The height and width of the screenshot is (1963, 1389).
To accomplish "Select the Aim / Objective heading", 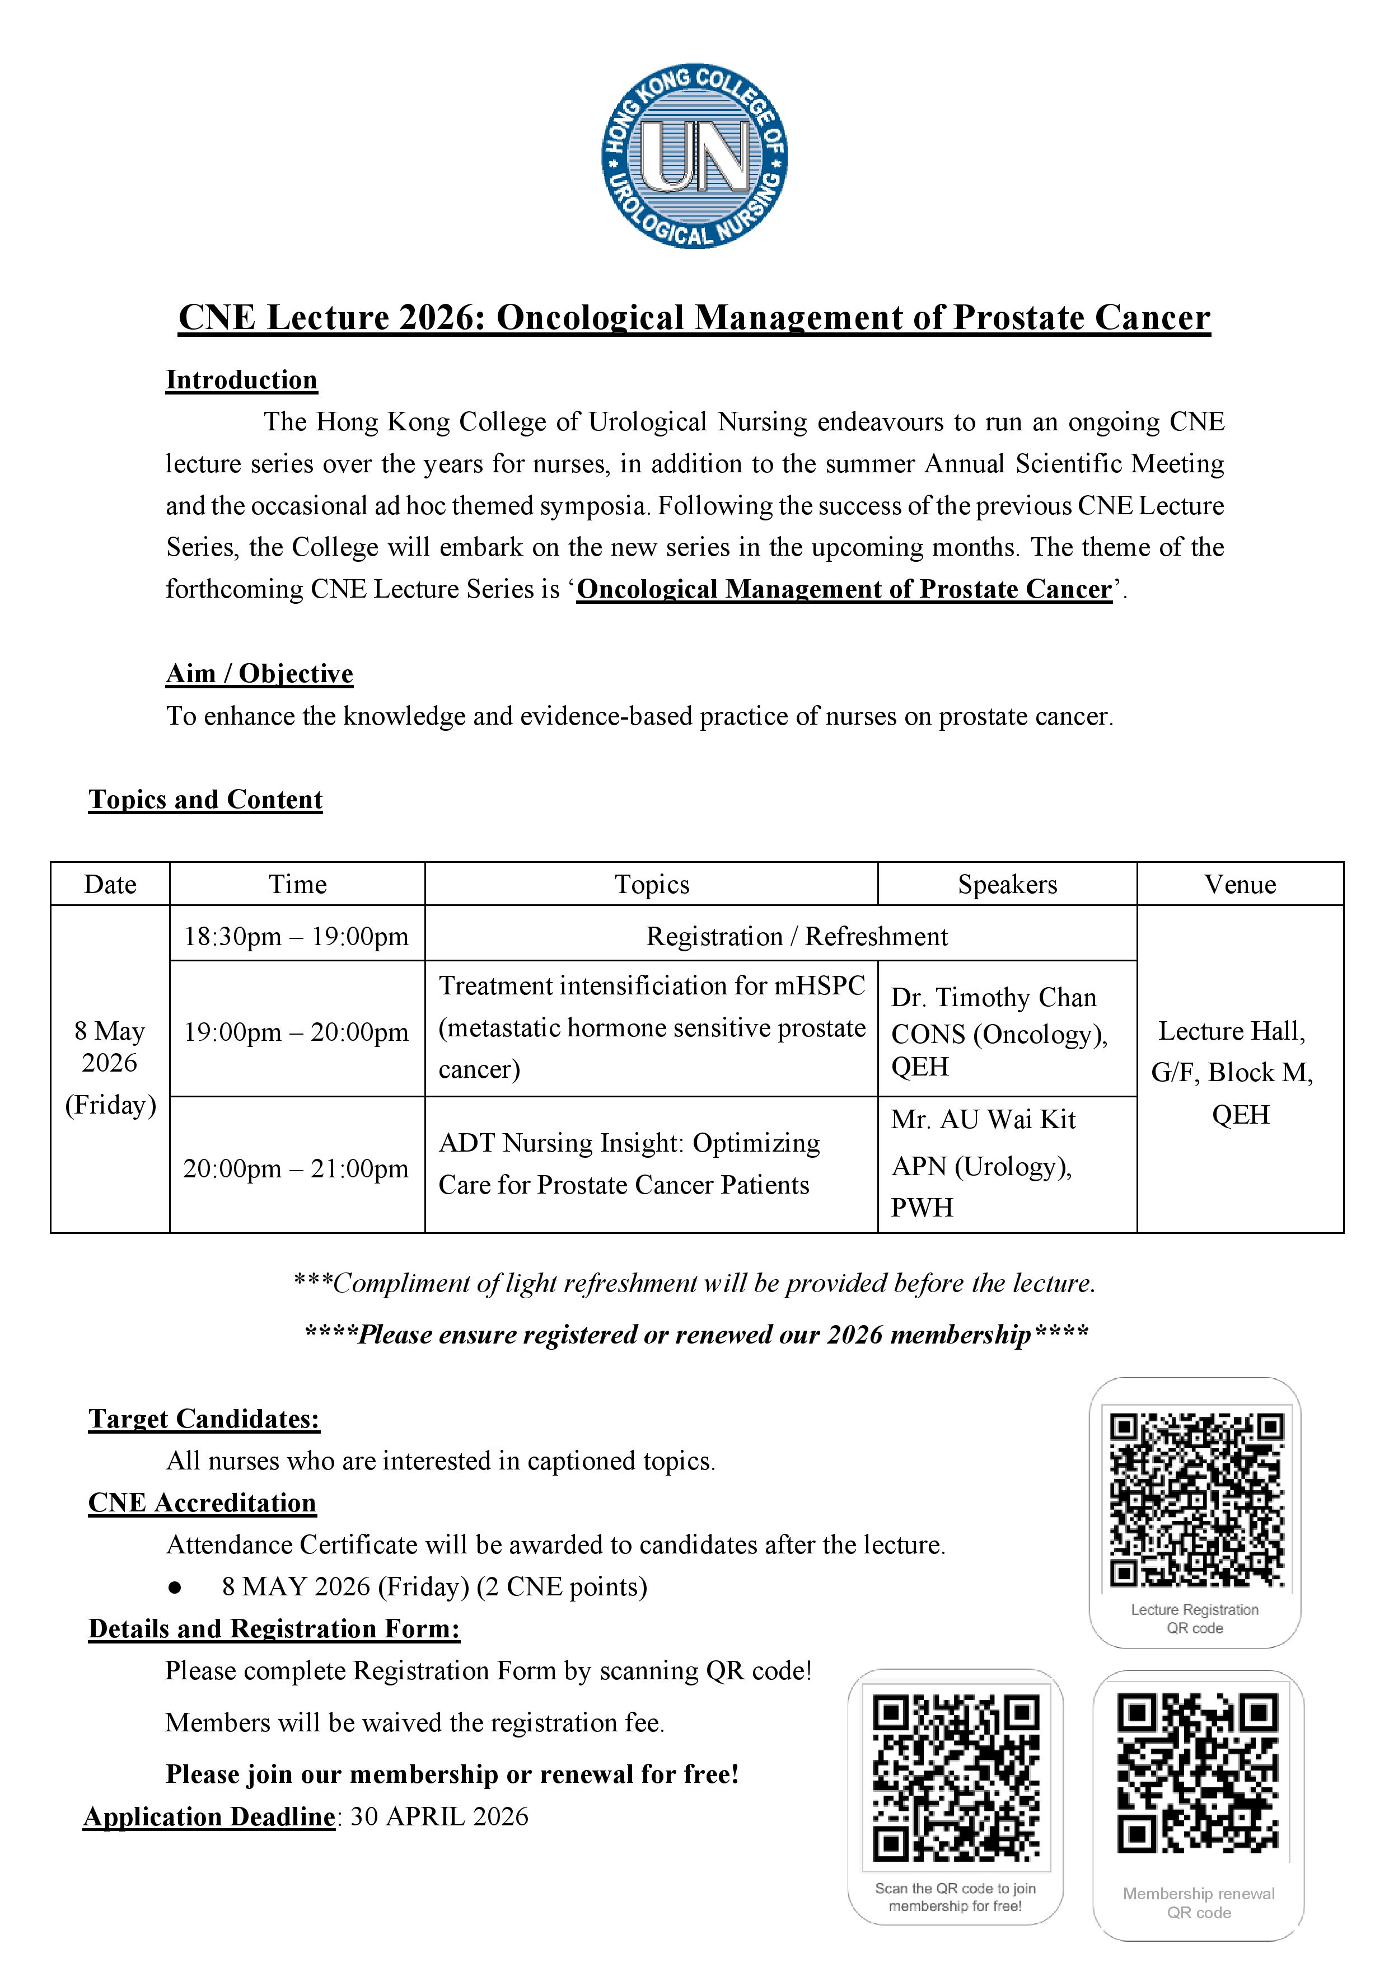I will [x=259, y=674].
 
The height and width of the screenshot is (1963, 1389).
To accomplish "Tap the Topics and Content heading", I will [x=205, y=800].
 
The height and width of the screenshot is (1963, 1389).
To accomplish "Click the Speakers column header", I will [x=1007, y=884].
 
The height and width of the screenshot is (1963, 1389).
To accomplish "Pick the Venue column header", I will [x=1240, y=884].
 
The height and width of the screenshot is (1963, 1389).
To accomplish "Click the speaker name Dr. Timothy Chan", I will [x=993, y=998].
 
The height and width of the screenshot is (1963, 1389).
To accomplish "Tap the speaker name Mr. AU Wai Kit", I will [x=983, y=1120].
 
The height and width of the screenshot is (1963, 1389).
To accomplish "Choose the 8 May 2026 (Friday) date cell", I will [x=110, y=1067].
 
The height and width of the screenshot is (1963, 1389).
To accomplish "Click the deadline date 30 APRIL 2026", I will [x=439, y=1817].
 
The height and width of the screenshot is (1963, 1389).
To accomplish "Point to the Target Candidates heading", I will [x=204, y=1419].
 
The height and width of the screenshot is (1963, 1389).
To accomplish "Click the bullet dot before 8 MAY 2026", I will [x=175, y=1588].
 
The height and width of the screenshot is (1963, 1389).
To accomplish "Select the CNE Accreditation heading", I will [x=202, y=1503].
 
